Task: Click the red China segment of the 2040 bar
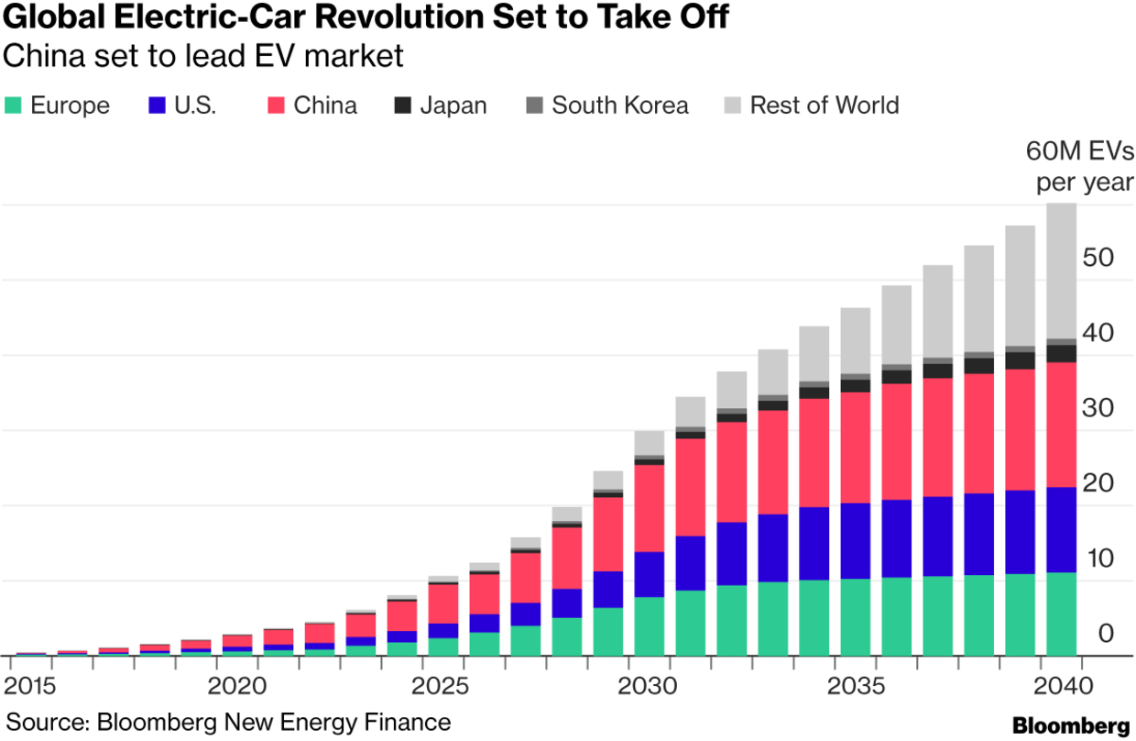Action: click(x=1061, y=425)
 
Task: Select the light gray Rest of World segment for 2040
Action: click(x=1061, y=271)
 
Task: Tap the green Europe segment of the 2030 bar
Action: click(x=649, y=625)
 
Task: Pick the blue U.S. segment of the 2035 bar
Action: click(x=855, y=541)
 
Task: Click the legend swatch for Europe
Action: click(x=13, y=105)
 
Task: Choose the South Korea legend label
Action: click(x=619, y=105)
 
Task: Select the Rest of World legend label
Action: click(x=824, y=105)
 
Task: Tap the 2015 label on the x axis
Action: click(x=30, y=686)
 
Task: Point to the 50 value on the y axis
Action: click(x=1099, y=258)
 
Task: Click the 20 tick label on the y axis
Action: click(x=1099, y=483)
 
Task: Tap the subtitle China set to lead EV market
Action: click(x=203, y=56)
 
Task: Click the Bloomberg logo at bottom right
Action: click(x=1070, y=724)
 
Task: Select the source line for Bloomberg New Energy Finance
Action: click(x=228, y=722)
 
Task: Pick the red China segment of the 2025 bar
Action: click(x=442, y=603)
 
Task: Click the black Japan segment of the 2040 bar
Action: click(x=1061, y=354)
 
